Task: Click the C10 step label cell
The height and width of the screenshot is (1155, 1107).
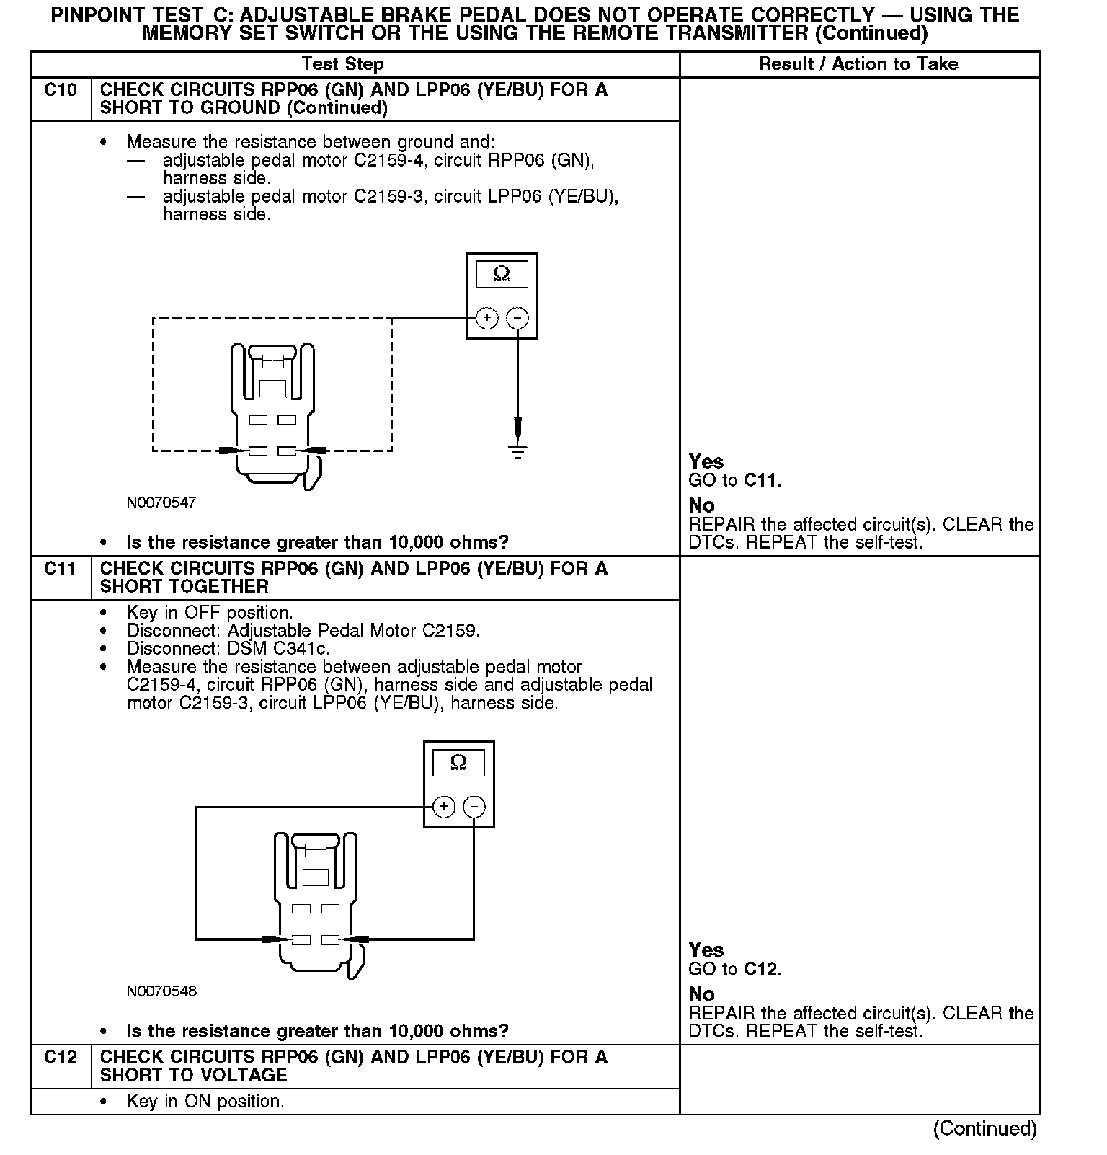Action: [61, 91]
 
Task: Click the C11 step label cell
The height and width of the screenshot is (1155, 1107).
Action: [61, 570]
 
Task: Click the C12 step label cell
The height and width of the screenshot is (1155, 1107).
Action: [61, 1058]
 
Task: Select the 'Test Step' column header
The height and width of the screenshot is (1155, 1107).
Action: [342, 64]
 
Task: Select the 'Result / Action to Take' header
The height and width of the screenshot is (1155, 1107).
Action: [858, 64]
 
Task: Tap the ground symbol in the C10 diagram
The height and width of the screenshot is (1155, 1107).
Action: [517, 452]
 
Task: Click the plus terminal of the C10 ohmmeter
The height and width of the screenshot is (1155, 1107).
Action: [487, 318]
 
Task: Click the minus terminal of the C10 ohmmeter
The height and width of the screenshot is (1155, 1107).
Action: [517, 318]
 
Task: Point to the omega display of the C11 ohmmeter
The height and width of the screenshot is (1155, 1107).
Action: [458, 763]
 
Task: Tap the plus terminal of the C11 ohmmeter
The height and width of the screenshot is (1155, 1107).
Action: [444, 806]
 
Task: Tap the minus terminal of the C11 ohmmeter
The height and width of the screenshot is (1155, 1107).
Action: [474, 806]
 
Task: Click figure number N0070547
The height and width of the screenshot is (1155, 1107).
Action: [161, 503]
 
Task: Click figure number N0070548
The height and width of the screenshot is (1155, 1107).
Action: [161, 991]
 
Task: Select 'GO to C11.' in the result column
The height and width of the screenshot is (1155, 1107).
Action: [734, 481]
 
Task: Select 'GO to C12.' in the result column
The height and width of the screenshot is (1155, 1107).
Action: [734, 970]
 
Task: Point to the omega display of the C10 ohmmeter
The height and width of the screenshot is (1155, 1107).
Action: [502, 275]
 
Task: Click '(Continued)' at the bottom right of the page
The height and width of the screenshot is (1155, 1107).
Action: [984, 1128]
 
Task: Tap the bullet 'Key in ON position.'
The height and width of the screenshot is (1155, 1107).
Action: [205, 1102]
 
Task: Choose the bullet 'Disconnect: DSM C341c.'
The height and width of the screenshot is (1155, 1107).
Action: [228, 649]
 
